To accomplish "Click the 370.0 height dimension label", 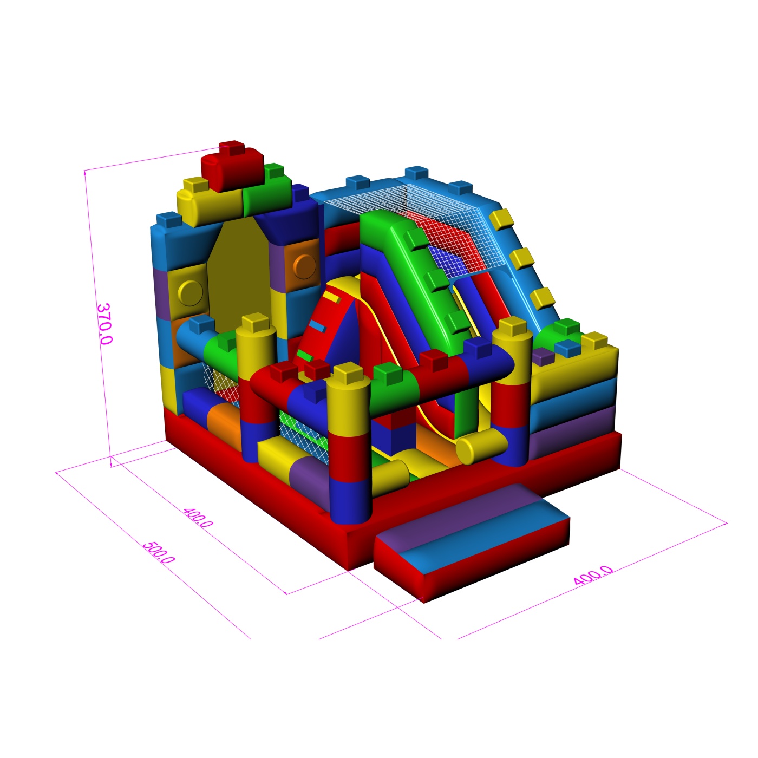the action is click(x=104, y=324).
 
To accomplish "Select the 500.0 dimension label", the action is click(x=158, y=553).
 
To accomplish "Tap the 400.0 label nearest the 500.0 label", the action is click(x=198, y=518).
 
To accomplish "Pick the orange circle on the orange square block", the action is click(x=304, y=266).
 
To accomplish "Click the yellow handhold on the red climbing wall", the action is click(x=331, y=297).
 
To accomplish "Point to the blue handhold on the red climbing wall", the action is click(x=317, y=325).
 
